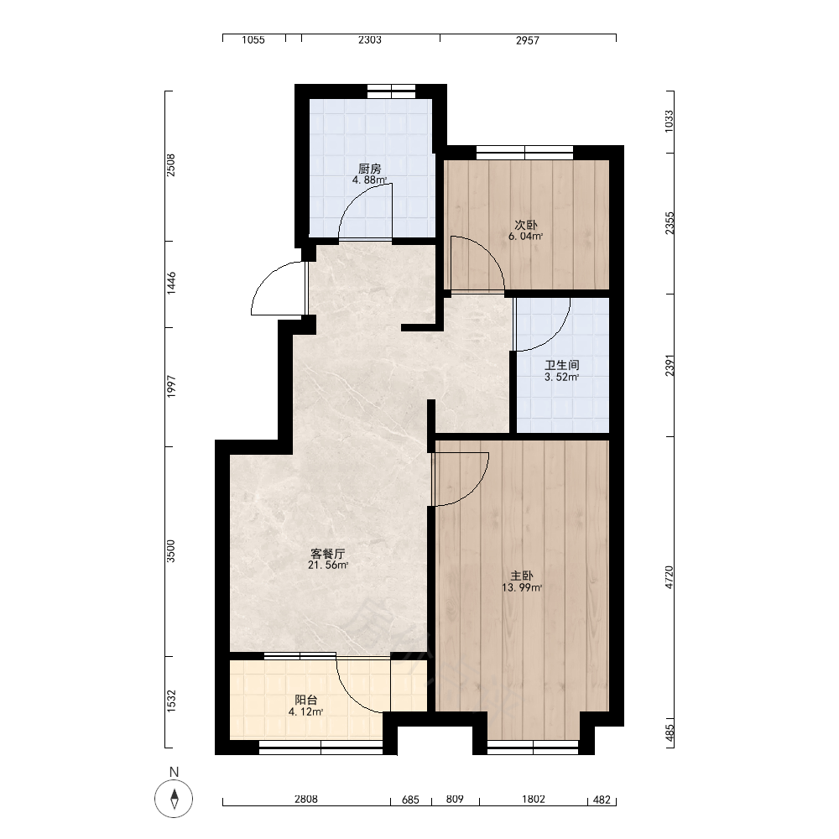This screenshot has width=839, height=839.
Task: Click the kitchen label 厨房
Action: click(370, 169)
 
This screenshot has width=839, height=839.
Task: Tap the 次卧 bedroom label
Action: click(526, 225)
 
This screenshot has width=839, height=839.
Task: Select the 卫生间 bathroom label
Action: click(562, 365)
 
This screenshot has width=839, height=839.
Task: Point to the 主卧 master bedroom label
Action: click(522, 576)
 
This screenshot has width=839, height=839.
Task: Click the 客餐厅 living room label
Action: click(328, 553)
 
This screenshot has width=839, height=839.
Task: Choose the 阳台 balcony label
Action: click(306, 700)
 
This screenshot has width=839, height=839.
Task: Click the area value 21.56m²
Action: click(328, 565)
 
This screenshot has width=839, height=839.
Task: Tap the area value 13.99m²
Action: click(522, 587)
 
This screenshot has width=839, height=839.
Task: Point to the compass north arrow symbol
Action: click(174, 799)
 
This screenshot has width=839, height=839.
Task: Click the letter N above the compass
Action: click(174, 772)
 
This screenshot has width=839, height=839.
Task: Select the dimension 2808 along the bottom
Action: click(306, 800)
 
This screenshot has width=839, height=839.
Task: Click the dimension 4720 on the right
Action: click(670, 577)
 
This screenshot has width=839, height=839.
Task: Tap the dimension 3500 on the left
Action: click(170, 551)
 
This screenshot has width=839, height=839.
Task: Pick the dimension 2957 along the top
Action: click(528, 40)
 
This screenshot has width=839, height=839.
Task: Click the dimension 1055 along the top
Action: click(253, 39)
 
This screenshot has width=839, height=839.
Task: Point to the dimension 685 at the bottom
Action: click(410, 800)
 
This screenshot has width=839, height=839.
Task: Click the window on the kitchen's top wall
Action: click(391, 91)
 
